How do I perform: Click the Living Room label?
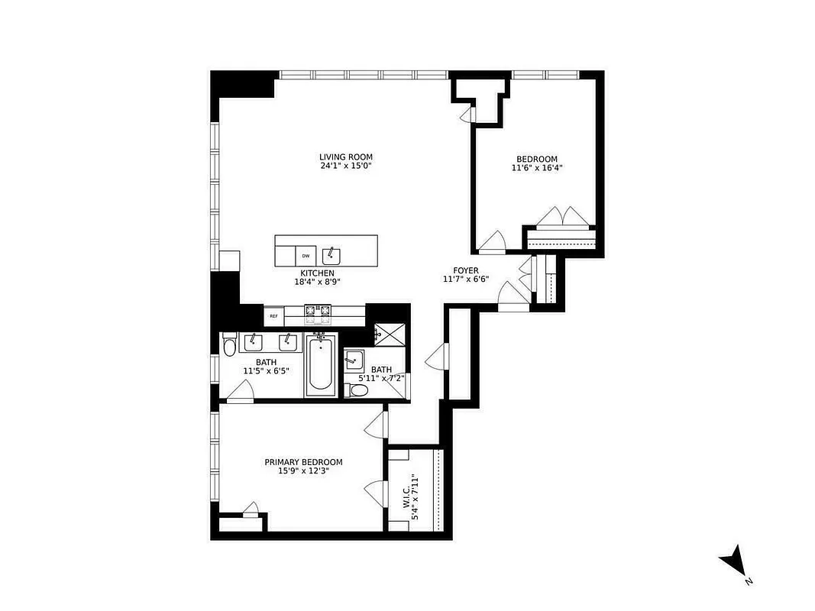point(346,157)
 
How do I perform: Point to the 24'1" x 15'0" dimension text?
point(346,166)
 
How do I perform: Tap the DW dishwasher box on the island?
point(306,256)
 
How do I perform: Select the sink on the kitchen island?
point(331,254)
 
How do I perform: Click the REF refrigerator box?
point(273,315)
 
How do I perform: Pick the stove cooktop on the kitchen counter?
point(319,311)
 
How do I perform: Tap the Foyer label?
point(465,271)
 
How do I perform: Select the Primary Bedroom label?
point(303,462)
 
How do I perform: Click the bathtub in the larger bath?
point(320,367)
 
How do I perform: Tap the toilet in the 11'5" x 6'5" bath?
point(229,348)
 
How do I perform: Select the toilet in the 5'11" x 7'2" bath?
point(358,391)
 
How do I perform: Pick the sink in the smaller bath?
point(353,359)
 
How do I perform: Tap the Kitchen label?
point(317,273)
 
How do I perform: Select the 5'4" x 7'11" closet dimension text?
point(416,497)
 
